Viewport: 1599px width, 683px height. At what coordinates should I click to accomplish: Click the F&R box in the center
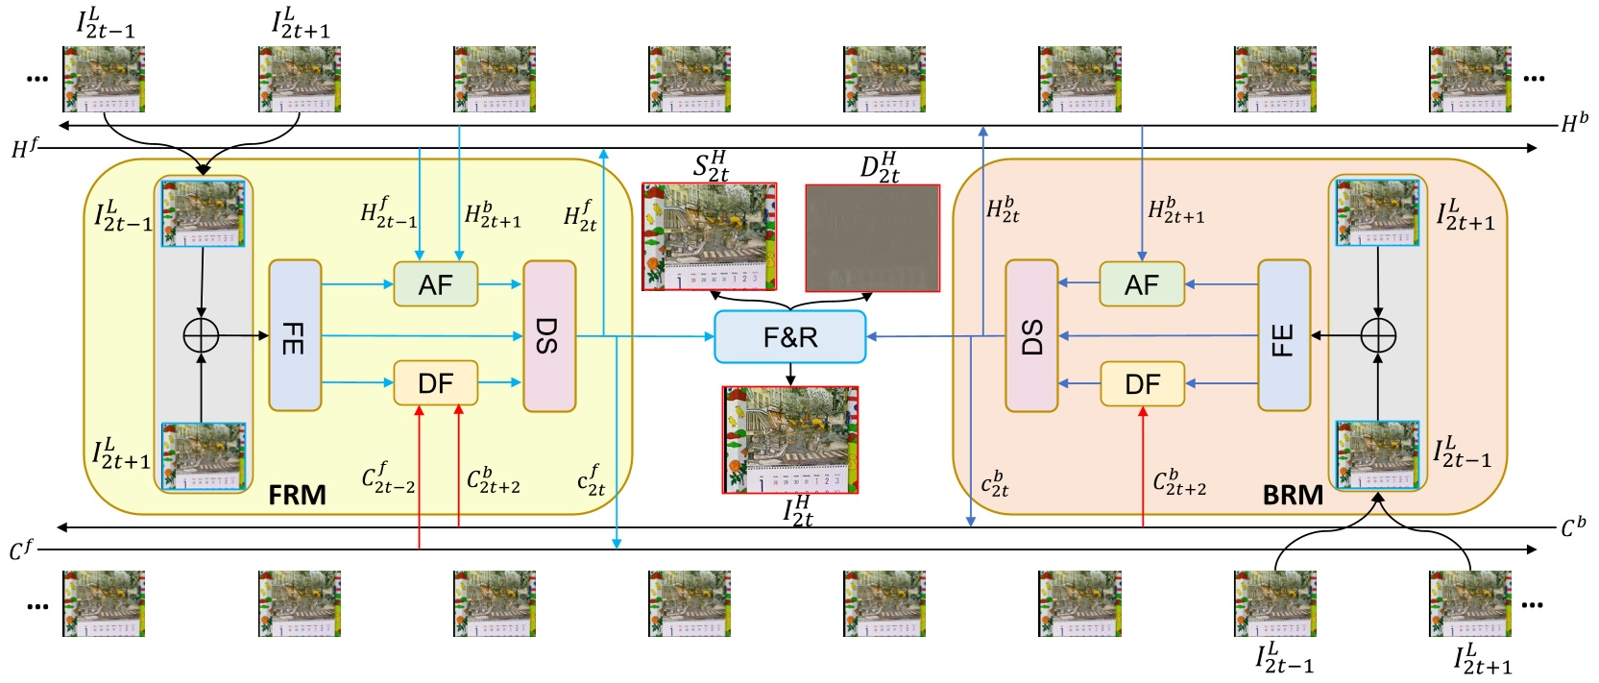pyautogui.click(x=789, y=336)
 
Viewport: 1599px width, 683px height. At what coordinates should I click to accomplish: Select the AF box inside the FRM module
pyautogui.click(x=435, y=284)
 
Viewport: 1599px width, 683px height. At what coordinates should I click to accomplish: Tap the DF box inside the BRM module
pyautogui.click(x=1142, y=384)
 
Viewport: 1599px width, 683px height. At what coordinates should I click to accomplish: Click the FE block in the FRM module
pyautogui.click(x=294, y=335)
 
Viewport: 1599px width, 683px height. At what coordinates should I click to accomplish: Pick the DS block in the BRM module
pyautogui.click(x=1031, y=335)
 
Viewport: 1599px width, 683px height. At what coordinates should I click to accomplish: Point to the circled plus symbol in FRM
pyautogui.click(x=201, y=335)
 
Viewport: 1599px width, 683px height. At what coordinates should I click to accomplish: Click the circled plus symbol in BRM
pyautogui.click(x=1378, y=335)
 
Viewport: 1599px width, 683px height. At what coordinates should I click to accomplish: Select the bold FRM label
pyautogui.click(x=297, y=495)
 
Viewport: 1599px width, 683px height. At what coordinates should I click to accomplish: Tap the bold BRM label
pyautogui.click(x=1293, y=495)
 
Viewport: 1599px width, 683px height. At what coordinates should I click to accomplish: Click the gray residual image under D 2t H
pyautogui.click(x=872, y=237)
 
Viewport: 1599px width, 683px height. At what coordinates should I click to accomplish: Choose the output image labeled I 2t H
pyautogui.click(x=789, y=440)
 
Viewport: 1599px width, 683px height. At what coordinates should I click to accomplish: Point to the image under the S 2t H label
pyautogui.click(x=709, y=236)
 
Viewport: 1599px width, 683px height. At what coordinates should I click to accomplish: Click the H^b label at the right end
pyautogui.click(x=1574, y=123)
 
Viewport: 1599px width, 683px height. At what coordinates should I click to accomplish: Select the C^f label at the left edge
pyautogui.click(x=21, y=549)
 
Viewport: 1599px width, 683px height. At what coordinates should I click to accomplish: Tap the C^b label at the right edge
pyautogui.click(x=1573, y=527)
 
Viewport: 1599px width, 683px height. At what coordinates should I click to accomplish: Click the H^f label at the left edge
pyautogui.click(x=25, y=148)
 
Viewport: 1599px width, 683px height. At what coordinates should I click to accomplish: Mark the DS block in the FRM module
pyautogui.click(x=548, y=335)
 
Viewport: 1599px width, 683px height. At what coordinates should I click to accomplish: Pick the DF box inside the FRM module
pyautogui.click(x=435, y=383)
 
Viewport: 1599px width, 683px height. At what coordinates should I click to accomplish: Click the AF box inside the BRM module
pyautogui.click(x=1141, y=284)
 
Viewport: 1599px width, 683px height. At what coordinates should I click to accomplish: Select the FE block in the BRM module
pyautogui.click(x=1284, y=335)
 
